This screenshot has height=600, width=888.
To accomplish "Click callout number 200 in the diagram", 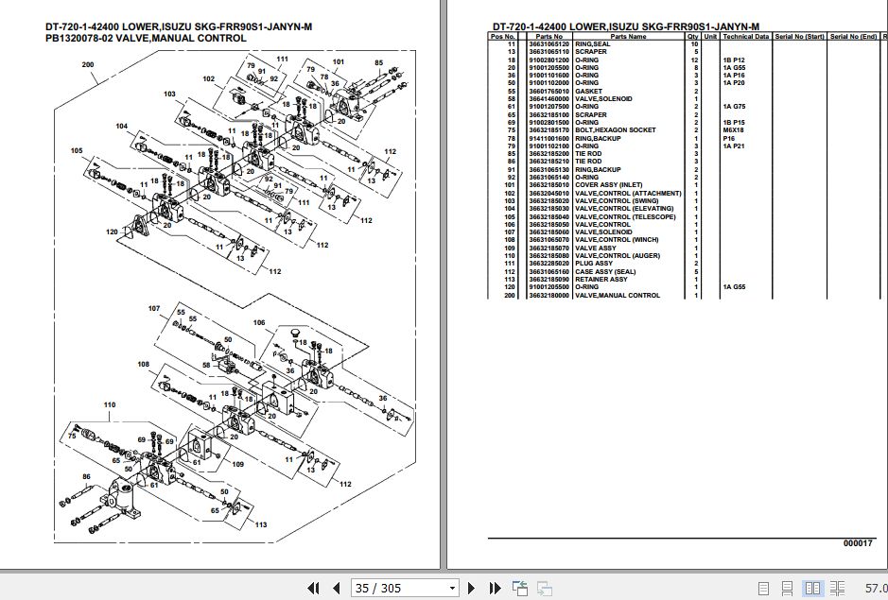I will coord(88,65).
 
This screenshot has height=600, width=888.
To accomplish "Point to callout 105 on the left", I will coord(77,150).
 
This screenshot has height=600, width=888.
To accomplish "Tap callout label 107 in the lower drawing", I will coord(154,309).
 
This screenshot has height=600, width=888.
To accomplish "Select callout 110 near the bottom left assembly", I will coord(111,404).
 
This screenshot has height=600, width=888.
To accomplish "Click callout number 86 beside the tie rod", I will coord(85,476).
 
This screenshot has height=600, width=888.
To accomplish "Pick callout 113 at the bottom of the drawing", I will coord(261,524).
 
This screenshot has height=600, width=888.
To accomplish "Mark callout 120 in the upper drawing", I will coord(112,231).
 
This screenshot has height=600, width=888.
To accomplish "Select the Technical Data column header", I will coord(746,37).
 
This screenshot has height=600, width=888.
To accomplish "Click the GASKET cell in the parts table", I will coord(588,92).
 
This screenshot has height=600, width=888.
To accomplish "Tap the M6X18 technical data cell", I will coord(735,130).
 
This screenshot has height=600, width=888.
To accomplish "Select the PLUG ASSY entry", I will coord(594,264).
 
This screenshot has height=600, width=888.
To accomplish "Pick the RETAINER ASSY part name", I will coord(601,280).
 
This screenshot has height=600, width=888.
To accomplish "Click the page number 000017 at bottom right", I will coord(858,543).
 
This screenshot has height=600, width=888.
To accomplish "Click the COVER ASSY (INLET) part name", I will coord(608,185).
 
